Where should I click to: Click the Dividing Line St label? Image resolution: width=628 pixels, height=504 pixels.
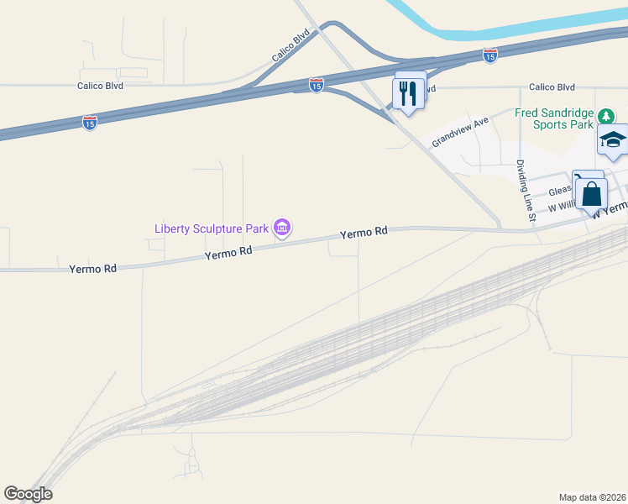(x=526, y=191)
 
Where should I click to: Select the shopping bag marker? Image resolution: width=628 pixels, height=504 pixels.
(x=592, y=193)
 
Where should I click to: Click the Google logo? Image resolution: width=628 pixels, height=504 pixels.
(x=28, y=494)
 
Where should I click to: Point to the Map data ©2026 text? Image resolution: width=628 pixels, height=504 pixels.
(x=593, y=496)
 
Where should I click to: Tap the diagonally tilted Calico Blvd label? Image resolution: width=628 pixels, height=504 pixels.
(x=290, y=46)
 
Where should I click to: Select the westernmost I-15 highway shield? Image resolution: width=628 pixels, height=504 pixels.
(x=90, y=123)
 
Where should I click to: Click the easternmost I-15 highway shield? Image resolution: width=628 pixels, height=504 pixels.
(x=490, y=55)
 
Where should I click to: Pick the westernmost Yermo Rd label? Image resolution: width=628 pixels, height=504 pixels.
(x=92, y=268)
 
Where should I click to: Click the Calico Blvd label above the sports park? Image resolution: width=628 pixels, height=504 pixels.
(x=552, y=87)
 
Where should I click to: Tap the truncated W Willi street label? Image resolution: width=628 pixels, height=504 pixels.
(x=563, y=207)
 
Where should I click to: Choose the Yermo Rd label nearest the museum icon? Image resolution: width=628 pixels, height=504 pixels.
(x=229, y=252)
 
